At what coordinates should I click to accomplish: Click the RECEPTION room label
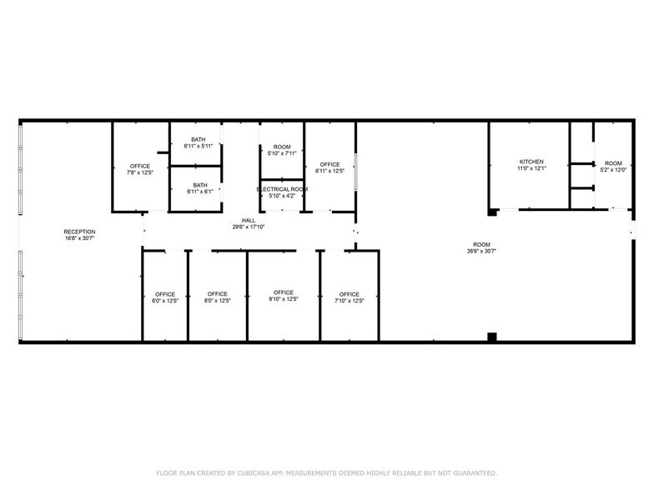click(80, 231)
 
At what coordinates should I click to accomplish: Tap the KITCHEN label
click(531, 162)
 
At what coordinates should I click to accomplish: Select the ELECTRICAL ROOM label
click(282, 189)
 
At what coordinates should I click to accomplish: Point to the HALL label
click(249, 220)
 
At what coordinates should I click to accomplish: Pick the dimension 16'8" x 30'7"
click(80, 238)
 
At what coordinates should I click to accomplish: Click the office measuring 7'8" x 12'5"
click(140, 170)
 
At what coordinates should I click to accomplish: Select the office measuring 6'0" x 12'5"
click(165, 297)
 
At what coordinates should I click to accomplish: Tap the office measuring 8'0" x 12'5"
click(217, 297)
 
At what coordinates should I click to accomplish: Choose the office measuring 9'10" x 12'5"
click(284, 296)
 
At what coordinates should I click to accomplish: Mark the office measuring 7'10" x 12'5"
click(349, 297)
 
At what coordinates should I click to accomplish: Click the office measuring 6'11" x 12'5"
click(330, 167)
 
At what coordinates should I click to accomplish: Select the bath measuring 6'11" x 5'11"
click(199, 142)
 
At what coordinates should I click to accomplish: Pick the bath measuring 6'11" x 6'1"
click(199, 188)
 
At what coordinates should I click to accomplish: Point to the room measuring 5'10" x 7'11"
click(282, 150)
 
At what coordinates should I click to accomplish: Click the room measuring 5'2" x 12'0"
click(613, 167)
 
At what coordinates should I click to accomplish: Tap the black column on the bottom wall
click(492, 337)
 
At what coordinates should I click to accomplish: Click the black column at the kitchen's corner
click(493, 212)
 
